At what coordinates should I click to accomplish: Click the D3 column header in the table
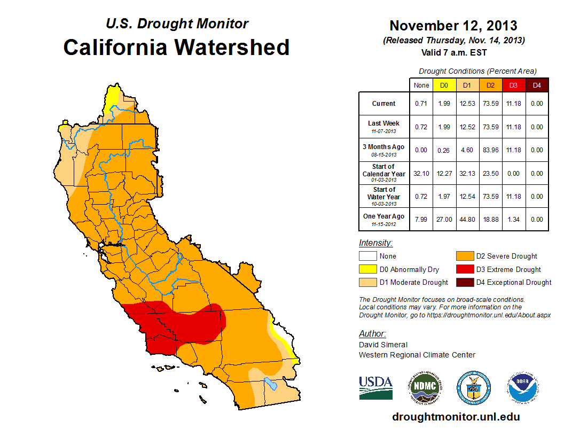pos(513,85)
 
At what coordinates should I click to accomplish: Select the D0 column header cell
pos(444,85)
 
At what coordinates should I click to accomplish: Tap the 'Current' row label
pos(384,104)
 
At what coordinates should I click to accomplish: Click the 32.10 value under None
pos(421,174)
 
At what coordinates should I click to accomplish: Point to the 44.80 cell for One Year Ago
pos(467,219)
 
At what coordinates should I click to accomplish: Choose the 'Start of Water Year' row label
pos(384,197)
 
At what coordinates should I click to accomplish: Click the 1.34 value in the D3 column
pos(513,219)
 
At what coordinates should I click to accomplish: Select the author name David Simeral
pos(383,345)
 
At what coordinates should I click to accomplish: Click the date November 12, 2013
pos(453,26)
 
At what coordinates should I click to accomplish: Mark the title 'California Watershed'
pos(176,47)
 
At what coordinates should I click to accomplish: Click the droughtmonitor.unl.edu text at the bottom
pos(456,417)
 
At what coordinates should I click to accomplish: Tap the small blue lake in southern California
pos(271,383)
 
